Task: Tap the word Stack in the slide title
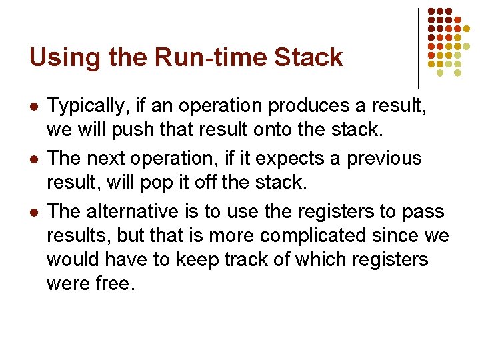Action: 309,58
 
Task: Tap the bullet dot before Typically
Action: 33,107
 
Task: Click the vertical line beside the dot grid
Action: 418,48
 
